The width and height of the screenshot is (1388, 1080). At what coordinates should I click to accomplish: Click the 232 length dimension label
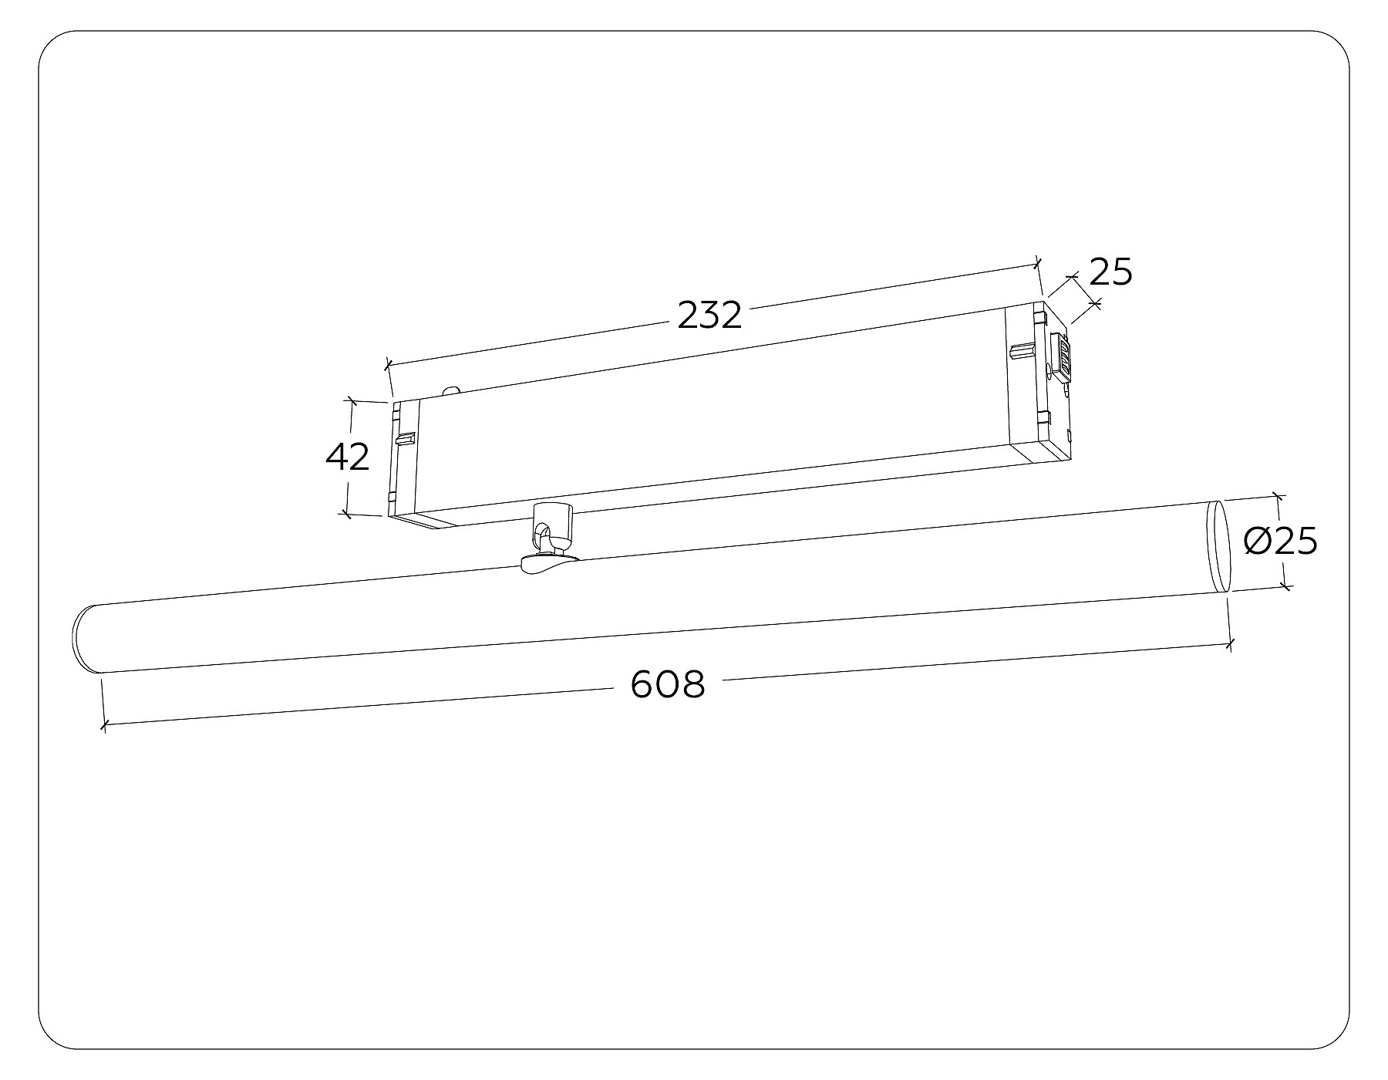pyautogui.click(x=709, y=316)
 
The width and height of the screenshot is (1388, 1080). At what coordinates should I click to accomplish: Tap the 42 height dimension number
pyautogui.click(x=348, y=457)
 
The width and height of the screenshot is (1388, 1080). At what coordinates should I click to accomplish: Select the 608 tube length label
pyautogui.click(x=668, y=683)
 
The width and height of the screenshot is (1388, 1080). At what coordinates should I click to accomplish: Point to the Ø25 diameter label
pyautogui.click(x=1281, y=542)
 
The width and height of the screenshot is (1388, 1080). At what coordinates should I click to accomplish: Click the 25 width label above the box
pyautogui.click(x=1110, y=272)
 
